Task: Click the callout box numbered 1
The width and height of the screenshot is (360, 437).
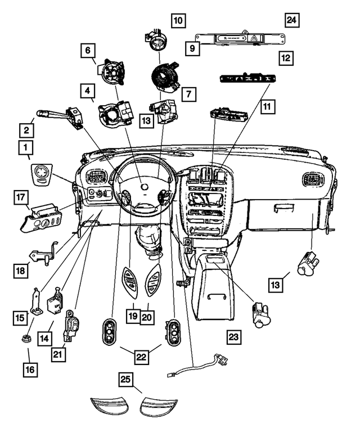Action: pos(25,148)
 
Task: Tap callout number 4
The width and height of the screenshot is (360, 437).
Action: pos(88,90)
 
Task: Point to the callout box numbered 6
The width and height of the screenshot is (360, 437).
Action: pos(88,51)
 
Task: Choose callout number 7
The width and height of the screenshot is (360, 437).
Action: pos(189,94)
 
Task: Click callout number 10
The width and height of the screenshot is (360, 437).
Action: pos(178,22)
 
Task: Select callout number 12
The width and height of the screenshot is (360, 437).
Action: pos(286,57)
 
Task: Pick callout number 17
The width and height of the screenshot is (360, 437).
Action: pos(21,198)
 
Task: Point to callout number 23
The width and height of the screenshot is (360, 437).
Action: pos(233,337)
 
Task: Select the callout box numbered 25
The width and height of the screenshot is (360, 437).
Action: pos(127,382)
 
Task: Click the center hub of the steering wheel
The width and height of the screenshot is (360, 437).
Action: pos(144,186)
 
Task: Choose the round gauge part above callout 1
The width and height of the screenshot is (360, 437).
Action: pos(41,173)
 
